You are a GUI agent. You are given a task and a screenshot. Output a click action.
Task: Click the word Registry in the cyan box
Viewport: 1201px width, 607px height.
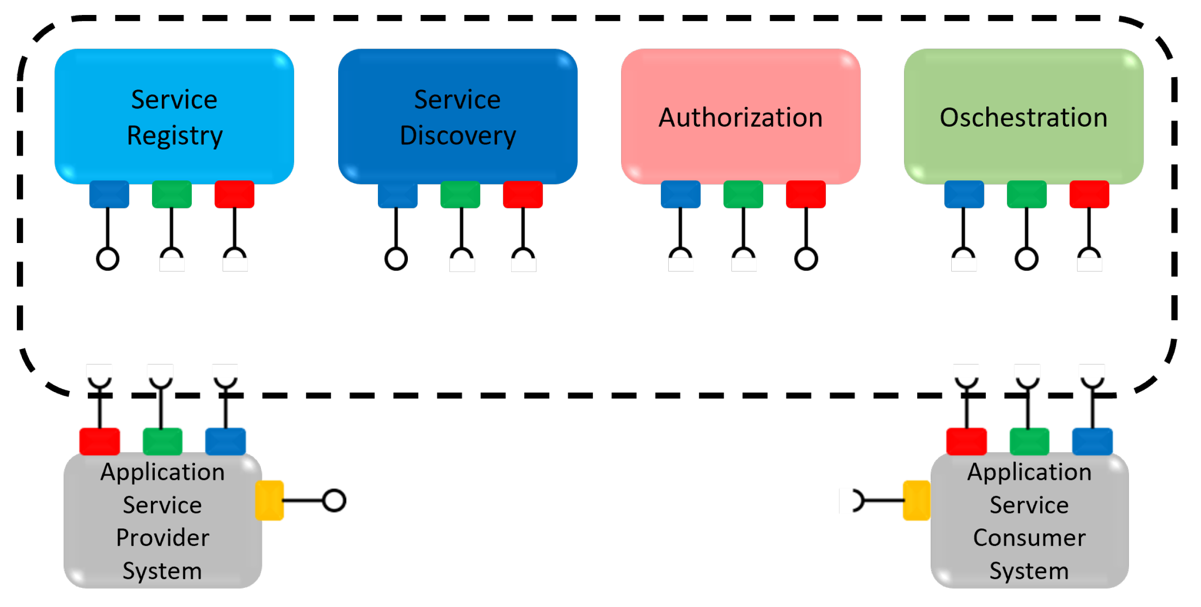[174, 136]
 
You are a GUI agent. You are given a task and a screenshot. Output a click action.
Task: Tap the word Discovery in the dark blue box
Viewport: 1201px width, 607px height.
[457, 136]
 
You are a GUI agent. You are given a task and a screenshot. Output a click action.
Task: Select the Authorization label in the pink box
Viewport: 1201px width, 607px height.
[740, 117]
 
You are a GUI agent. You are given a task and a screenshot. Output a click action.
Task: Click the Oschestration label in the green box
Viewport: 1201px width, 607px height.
[1023, 117]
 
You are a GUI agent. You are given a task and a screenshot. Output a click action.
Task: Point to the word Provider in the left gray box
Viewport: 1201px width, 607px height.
[162, 537]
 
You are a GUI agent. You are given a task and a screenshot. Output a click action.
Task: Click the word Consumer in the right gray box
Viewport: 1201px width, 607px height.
[1029, 537]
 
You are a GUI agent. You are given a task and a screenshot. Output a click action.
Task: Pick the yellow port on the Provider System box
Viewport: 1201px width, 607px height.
[269, 500]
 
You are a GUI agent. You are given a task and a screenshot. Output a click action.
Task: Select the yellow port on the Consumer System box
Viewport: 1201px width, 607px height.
[916, 500]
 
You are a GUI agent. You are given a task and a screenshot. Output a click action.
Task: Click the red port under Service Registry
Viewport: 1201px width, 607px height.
[234, 194]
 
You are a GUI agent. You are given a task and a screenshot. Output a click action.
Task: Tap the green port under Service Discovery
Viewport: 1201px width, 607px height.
[460, 194]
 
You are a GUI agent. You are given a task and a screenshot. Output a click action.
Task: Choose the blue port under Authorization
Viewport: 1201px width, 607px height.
[680, 194]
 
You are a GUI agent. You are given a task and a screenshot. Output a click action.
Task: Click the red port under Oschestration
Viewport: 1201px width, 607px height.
[1089, 194]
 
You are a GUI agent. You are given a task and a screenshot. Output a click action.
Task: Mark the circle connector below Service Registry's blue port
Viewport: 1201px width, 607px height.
[108, 259]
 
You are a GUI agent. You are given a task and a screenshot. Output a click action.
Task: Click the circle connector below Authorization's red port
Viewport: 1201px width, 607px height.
[806, 259]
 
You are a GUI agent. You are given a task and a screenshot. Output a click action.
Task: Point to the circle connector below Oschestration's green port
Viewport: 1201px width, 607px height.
[1026, 259]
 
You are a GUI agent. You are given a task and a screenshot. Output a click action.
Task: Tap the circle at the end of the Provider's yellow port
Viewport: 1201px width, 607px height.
[334, 500]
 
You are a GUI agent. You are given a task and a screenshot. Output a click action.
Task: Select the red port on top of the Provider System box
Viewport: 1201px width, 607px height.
[99, 441]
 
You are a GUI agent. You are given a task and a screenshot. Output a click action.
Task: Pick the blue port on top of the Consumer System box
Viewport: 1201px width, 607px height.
[1092, 441]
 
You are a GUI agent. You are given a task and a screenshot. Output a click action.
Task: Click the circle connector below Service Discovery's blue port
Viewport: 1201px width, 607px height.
[396, 259]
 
